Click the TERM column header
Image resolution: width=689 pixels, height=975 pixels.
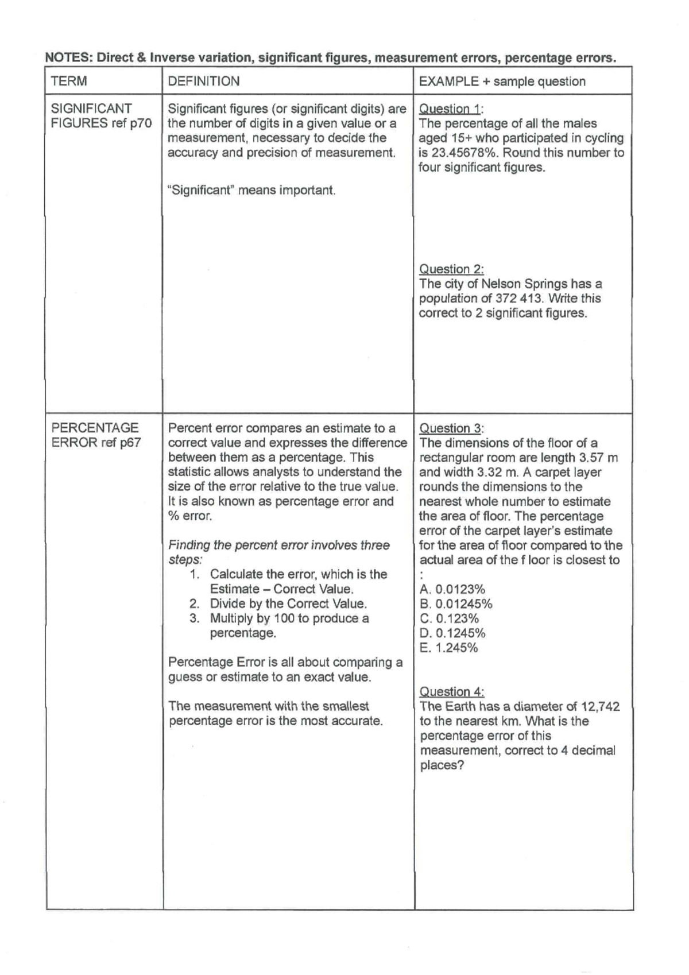(69, 81)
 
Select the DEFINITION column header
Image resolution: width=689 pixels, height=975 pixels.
(203, 81)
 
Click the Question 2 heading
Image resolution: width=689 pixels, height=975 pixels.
(451, 269)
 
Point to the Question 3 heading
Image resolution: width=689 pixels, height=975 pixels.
(452, 428)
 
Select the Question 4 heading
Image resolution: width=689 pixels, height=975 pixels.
(452, 691)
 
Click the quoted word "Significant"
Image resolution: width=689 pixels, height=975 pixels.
(200, 190)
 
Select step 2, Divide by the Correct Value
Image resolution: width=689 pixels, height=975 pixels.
(288, 603)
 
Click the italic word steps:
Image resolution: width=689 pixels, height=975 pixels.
(185, 560)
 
